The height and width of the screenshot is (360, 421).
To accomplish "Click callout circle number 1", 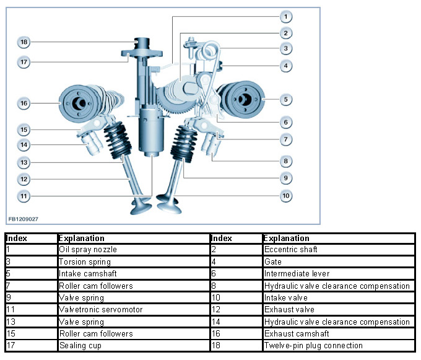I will click(285, 16).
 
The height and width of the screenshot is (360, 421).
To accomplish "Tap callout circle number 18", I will click(24, 42).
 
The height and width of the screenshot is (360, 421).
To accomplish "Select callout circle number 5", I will click(285, 99).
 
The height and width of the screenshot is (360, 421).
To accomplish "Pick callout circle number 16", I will click(24, 103).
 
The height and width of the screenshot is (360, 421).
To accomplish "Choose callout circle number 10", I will click(285, 196).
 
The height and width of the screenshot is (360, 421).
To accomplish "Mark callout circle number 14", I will click(24, 146).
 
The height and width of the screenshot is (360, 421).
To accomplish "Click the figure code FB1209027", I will click(24, 218).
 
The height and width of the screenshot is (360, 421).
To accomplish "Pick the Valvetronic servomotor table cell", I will click(100, 310).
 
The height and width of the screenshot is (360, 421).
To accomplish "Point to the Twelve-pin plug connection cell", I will click(313, 346).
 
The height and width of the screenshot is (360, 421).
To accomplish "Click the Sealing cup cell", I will click(80, 346).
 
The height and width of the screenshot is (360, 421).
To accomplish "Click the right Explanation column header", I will click(286, 238).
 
